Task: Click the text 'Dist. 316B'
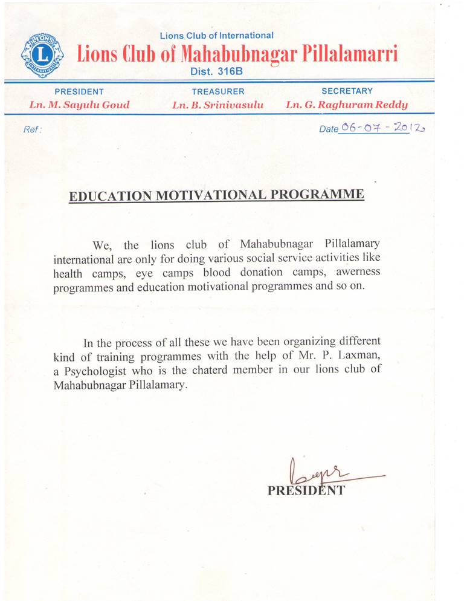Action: point(216,71)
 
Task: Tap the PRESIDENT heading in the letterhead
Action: point(79,92)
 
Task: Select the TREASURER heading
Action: point(218,92)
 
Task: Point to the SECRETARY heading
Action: point(347,91)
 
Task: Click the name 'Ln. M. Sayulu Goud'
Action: point(79,105)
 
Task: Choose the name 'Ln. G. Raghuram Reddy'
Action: point(347,105)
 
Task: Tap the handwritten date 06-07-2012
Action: point(382,128)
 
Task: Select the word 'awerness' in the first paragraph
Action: point(359,272)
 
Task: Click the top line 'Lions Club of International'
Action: point(216,36)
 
